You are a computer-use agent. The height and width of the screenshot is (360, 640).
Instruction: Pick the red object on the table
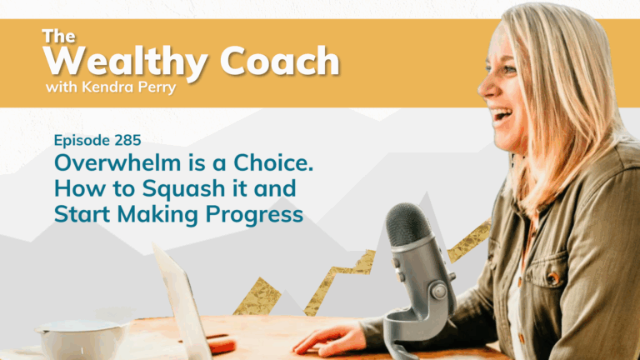click(x=221, y=343)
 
